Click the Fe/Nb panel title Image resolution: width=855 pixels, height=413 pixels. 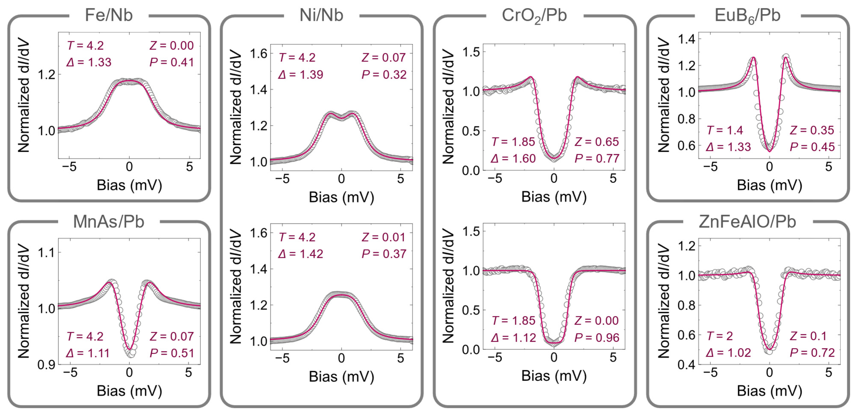(x=109, y=15)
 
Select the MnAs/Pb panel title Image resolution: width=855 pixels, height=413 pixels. (x=109, y=222)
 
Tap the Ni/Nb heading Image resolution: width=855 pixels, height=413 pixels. (x=321, y=15)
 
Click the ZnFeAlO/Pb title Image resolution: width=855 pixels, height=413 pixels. (x=747, y=222)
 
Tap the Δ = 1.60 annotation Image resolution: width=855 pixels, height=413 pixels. (x=513, y=159)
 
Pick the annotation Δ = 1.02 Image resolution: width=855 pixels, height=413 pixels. (x=728, y=352)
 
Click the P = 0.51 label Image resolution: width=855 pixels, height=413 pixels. (x=172, y=353)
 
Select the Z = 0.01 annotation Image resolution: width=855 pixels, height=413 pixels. (x=384, y=237)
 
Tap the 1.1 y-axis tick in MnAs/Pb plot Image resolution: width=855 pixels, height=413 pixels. (x=46, y=253)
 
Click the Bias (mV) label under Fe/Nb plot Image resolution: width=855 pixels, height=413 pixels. (x=129, y=185)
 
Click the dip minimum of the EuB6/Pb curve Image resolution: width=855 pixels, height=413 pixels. (x=769, y=151)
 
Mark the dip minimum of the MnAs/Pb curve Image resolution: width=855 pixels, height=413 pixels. (x=130, y=349)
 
